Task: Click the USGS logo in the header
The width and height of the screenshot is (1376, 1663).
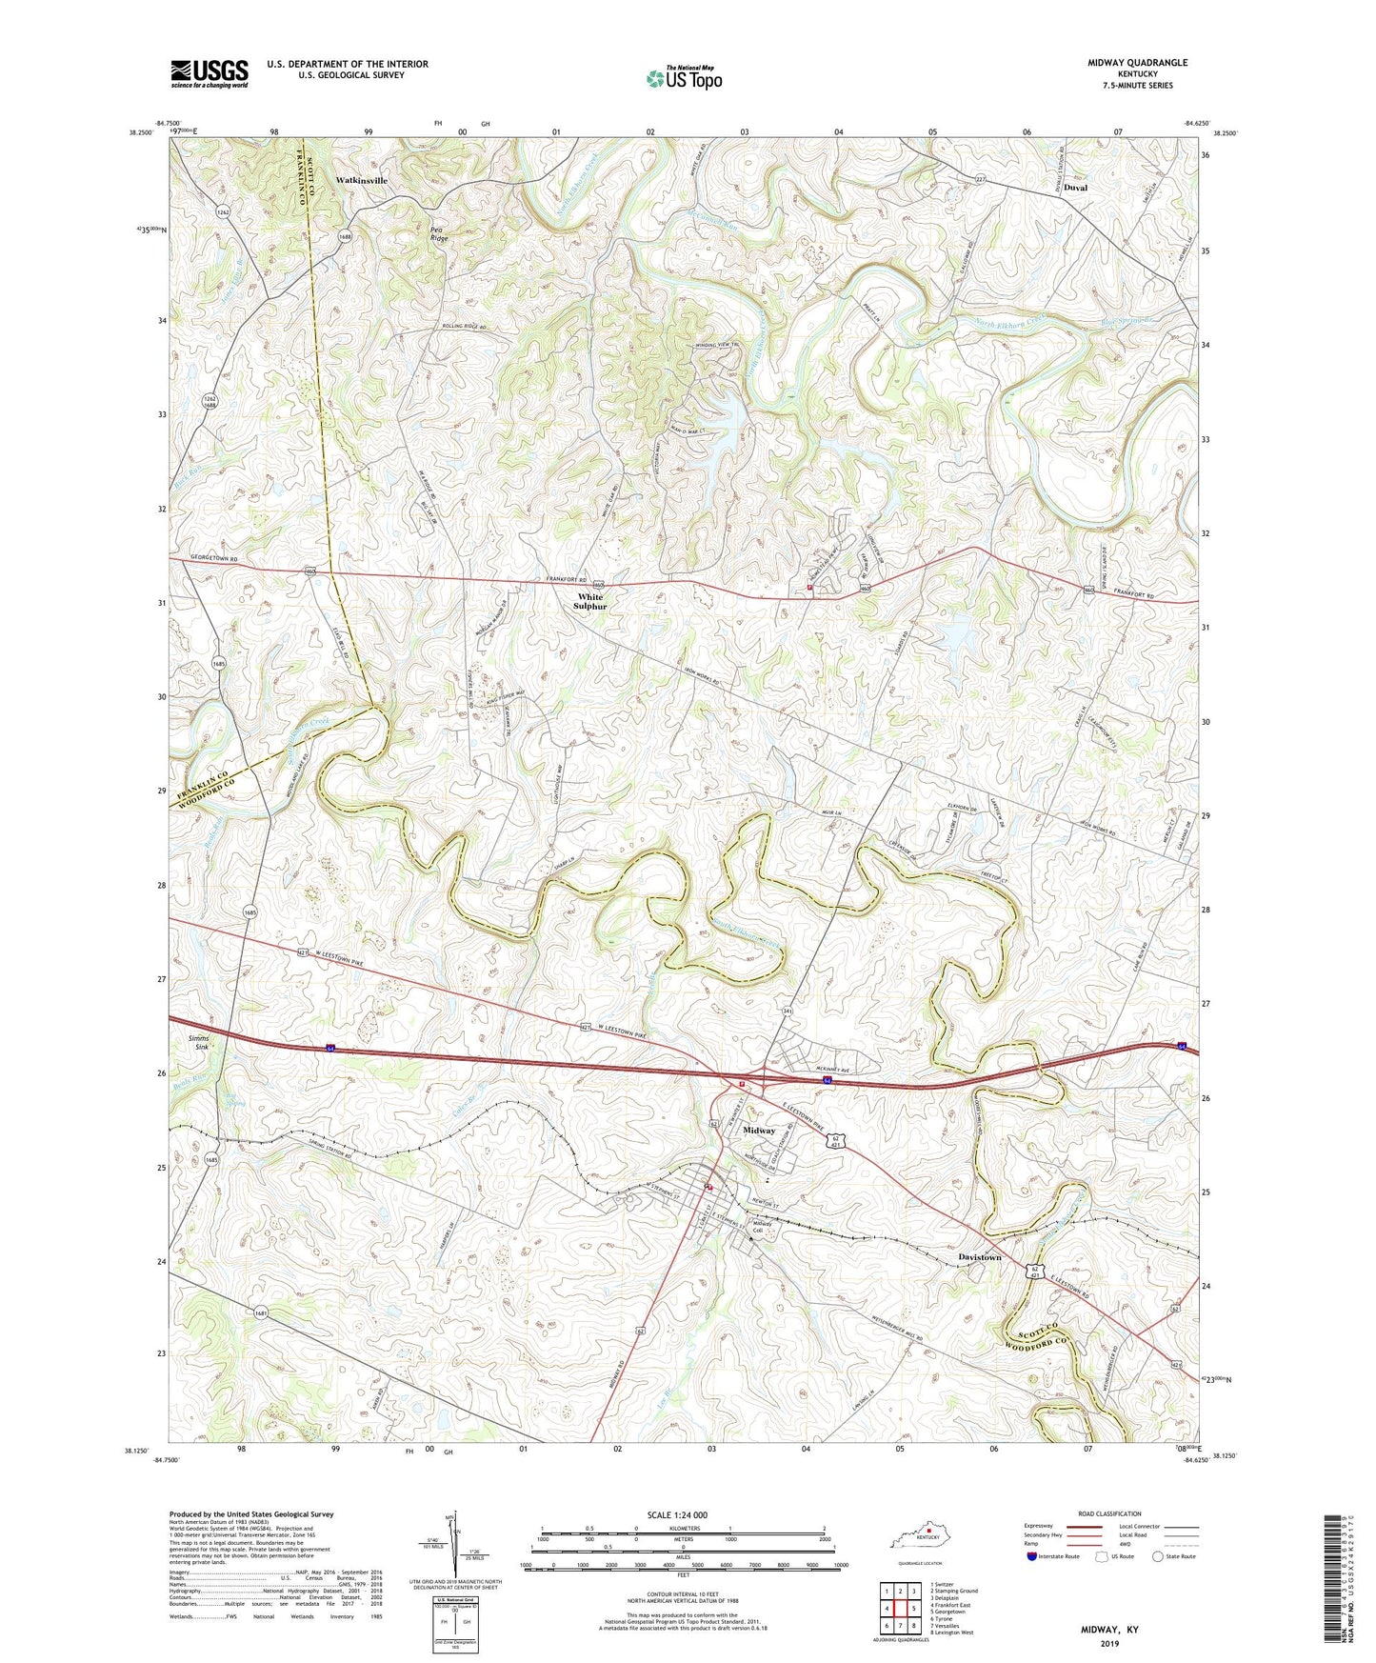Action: coord(209,73)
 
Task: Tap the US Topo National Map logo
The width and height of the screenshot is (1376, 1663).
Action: coord(684,77)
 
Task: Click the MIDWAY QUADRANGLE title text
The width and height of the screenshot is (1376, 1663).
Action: coord(1137,63)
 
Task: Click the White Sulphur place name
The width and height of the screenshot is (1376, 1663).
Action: coord(589,602)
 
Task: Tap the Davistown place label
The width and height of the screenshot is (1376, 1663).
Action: coord(980,1257)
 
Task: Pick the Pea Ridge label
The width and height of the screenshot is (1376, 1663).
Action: coord(438,233)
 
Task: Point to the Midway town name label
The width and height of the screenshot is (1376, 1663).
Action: coord(759,1131)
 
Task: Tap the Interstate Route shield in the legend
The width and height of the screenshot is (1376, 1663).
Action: coord(1032,1557)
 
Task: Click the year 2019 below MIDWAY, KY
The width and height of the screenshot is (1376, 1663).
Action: coord(1109,1643)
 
